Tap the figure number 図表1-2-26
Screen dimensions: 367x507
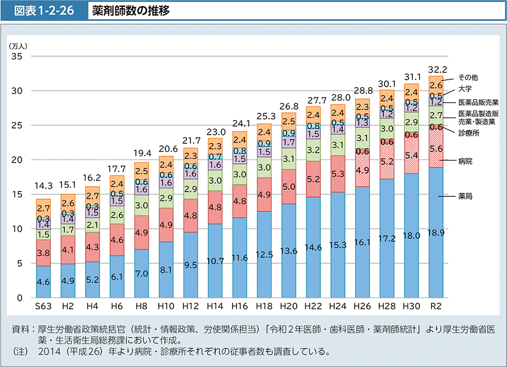coord(44,11)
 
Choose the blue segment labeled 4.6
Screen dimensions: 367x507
coord(43,282)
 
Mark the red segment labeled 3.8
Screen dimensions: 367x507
coord(43,253)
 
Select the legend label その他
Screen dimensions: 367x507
coord(468,78)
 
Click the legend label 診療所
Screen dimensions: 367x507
coord(468,133)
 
